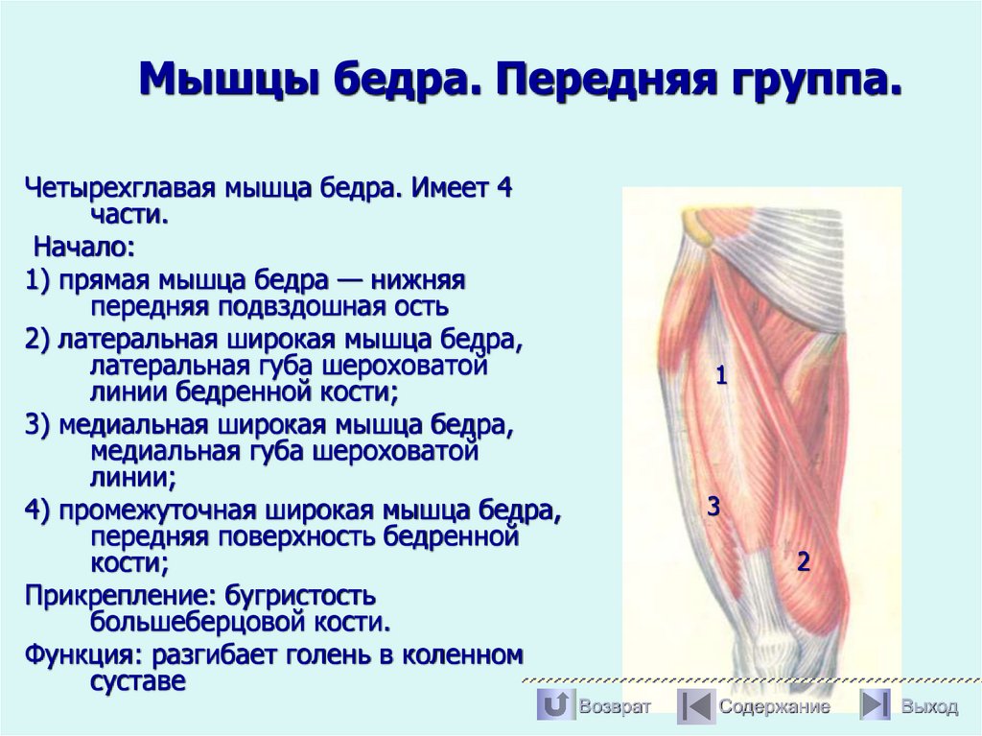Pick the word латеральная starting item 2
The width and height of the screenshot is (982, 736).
[135, 340]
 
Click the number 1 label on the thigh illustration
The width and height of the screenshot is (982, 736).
[721, 376]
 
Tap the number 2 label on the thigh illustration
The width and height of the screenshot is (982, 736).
[804, 562]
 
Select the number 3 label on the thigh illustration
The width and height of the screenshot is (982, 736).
[713, 507]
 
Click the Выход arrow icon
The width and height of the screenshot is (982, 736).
[874, 706]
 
